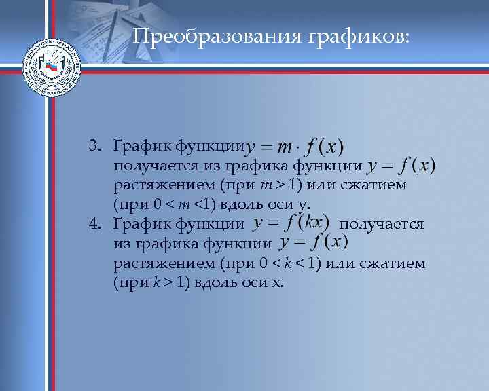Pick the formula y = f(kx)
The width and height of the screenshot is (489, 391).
(x=291, y=222)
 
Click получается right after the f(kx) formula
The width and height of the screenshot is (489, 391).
(x=382, y=223)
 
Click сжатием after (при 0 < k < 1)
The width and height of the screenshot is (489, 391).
(x=393, y=263)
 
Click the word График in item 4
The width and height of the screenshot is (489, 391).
(x=142, y=223)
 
